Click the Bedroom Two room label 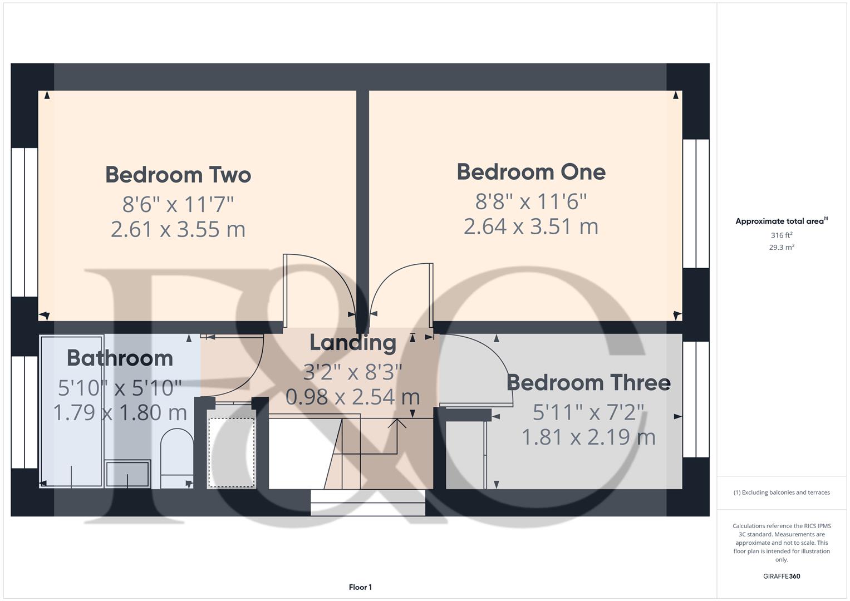pos(178,175)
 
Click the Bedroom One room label pos(531,172)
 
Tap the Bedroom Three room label pos(588,383)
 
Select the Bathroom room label pos(120,358)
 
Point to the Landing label pos(353,343)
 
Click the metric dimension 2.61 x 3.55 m pos(178,229)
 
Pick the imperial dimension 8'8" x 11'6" pos(531,201)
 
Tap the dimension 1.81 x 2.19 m pos(588,437)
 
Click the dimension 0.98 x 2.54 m pos(353,397)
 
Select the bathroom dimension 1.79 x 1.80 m pos(120,413)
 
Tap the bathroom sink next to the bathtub pos(127,473)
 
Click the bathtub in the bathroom pos(72,412)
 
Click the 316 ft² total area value pos(781,235)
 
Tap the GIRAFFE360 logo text pos(781,577)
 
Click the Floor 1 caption pos(360,587)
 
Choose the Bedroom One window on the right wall pos(696,203)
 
